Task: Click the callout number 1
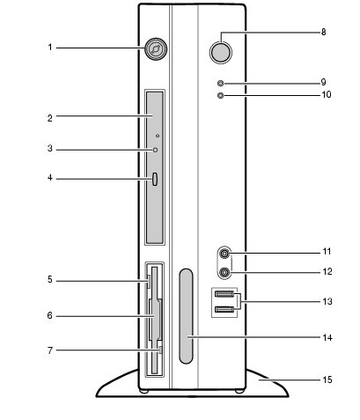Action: (50, 48)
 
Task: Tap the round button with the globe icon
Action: (156, 48)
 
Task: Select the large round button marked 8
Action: (221, 52)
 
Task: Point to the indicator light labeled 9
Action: (220, 84)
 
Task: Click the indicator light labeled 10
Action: (221, 95)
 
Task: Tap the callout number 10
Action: (327, 94)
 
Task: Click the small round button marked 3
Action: (155, 150)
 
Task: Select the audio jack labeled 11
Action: (224, 253)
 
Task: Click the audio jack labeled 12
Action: (224, 272)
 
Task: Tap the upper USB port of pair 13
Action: (224, 293)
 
